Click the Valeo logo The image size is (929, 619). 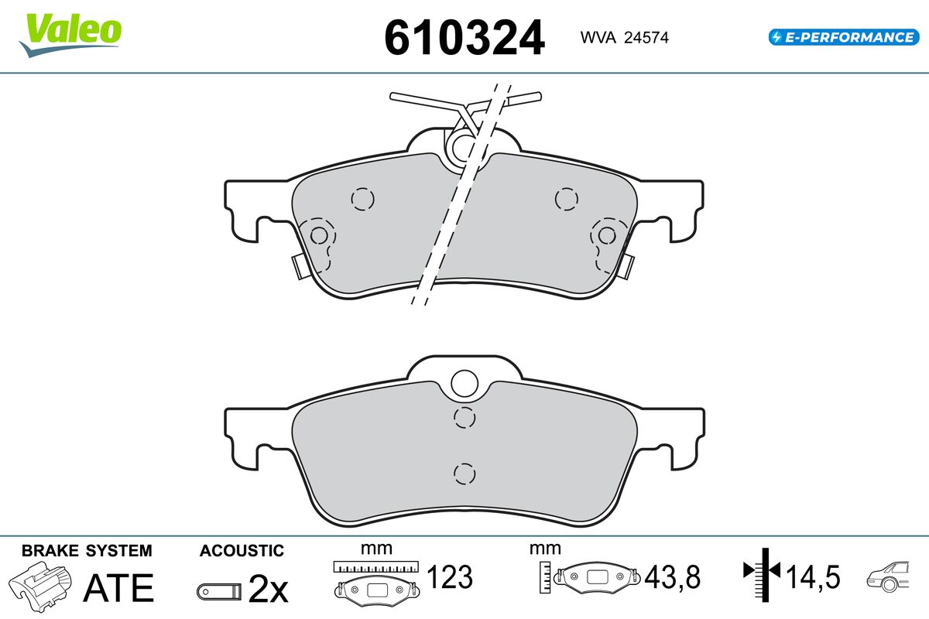click(x=70, y=35)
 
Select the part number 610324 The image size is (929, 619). click(x=464, y=38)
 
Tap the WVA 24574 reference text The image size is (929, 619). click(x=624, y=38)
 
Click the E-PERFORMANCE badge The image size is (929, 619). click(x=844, y=37)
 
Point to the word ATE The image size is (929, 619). click(x=118, y=587)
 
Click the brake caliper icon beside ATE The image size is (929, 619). click(x=40, y=587)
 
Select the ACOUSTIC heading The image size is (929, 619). click(x=242, y=551)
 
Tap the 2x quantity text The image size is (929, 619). click(x=268, y=589)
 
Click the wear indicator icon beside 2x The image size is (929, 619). click(x=219, y=592)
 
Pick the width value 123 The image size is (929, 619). click(x=450, y=576)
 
